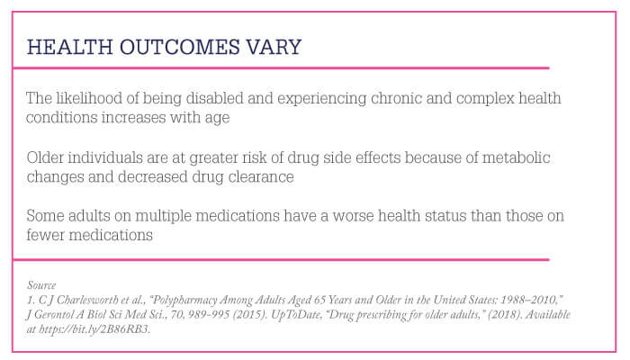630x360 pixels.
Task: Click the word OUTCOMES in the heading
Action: click(180, 47)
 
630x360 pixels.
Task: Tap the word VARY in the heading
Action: click(274, 47)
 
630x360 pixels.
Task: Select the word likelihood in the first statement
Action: click(89, 98)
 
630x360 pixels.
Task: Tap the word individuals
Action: click(105, 157)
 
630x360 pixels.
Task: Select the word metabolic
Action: click(516, 157)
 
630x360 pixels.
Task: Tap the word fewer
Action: click(45, 235)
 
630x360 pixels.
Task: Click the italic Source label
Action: click(41, 285)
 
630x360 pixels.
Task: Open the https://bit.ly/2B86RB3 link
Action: click(94, 329)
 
